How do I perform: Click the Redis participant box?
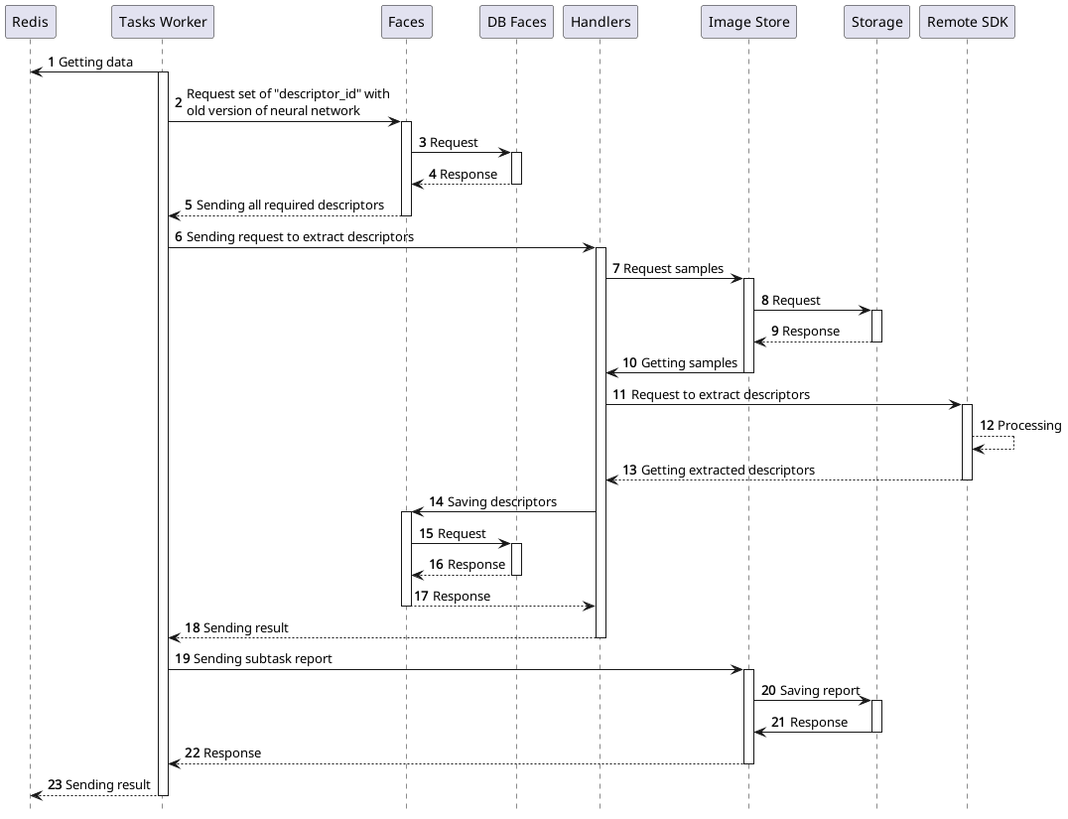coord(30,22)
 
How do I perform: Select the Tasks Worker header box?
coord(163,22)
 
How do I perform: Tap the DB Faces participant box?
coord(516,22)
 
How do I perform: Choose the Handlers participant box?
coord(600,22)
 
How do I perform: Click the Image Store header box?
coord(748,22)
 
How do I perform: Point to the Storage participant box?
coord(876,22)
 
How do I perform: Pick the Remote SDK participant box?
coord(967,22)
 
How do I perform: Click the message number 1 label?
coord(52,63)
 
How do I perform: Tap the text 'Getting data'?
coord(96,63)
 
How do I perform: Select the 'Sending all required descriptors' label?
coord(290,205)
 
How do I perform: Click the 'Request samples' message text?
coord(673,269)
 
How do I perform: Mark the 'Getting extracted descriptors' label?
coord(728,471)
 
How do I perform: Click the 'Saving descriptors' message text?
coord(501,502)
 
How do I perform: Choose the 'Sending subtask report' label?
coord(263,659)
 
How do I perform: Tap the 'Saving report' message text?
coord(820,691)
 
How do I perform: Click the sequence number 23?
coord(55,785)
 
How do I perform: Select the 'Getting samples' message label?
coord(689,363)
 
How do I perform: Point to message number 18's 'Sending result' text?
coord(245,628)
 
